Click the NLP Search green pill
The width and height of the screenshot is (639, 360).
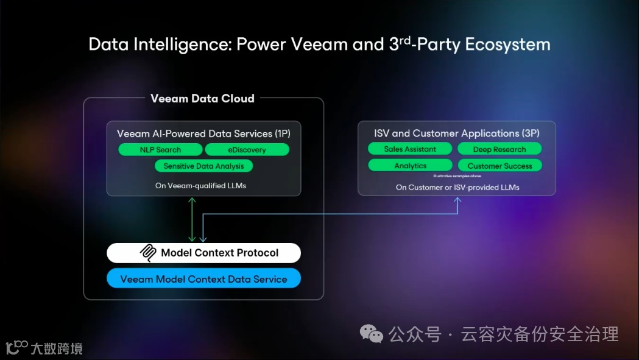coord(160,150)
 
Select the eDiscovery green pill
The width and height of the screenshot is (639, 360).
coord(247,150)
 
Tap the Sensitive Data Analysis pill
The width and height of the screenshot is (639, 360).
coord(203,166)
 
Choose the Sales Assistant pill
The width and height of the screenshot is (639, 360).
coord(410,149)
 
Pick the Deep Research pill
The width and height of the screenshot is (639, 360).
coord(499,149)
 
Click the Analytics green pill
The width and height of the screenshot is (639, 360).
coord(410,166)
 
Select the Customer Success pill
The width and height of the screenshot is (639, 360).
coord(499,166)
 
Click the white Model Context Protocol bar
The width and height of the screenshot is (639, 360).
coord(203,253)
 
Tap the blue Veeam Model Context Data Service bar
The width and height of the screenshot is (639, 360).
coord(203,279)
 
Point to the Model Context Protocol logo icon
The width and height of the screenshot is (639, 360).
coord(149,253)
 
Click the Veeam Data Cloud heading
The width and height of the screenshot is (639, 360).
coord(202,98)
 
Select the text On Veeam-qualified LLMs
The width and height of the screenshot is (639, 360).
coord(203,185)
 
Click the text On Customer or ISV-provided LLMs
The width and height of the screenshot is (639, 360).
coord(457,187)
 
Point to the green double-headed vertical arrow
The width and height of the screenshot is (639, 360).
coord(192,219)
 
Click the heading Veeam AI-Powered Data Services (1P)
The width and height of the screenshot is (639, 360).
coord(203,133)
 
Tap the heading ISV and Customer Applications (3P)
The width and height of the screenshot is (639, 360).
coord(456,133)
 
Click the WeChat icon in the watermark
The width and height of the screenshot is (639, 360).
coord(372,334)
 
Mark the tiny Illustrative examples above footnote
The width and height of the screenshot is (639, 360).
coord(457,175)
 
